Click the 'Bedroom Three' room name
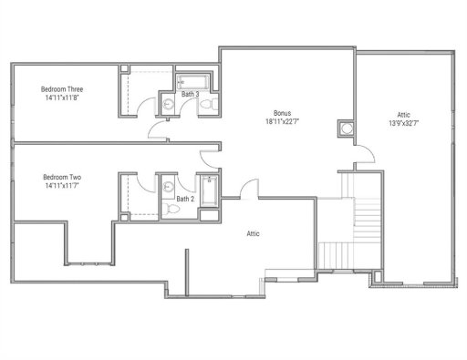[x=62, y=88]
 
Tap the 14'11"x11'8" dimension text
[x=62, y=98]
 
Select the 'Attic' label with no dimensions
[x=254, y=233]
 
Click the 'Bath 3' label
[x=190, y=94]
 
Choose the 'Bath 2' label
[x=184, y=198]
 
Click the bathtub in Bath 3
[x=192, y=80]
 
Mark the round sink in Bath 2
[x=168, y=187]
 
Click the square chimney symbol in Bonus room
[x=345, y=128]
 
